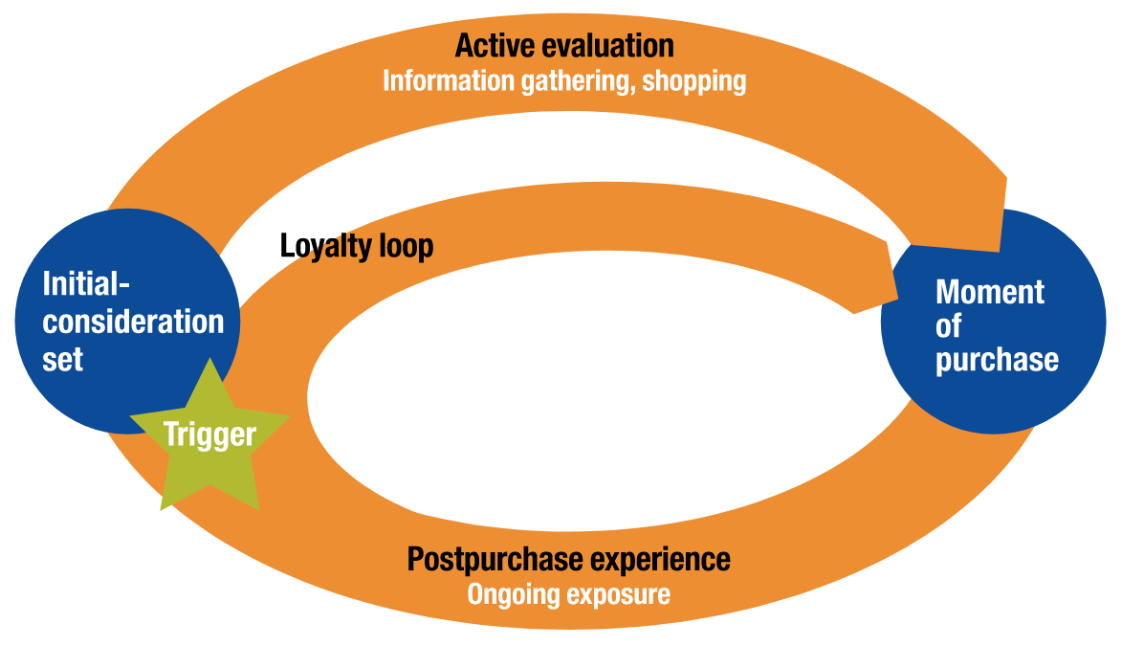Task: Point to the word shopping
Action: click(x=694, y=81)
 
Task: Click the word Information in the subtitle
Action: click(x=449, y=80)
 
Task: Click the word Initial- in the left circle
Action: click(x=87, y=283)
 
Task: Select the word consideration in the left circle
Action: click(x=133, y=322)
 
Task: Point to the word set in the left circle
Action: click(x=63, y=359)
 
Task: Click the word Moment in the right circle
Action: click(x=990, y=292)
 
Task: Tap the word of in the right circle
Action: click(x=948, y=325)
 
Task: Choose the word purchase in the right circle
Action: click(x=997, y=360)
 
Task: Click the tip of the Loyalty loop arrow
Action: click(x=897, y=298)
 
